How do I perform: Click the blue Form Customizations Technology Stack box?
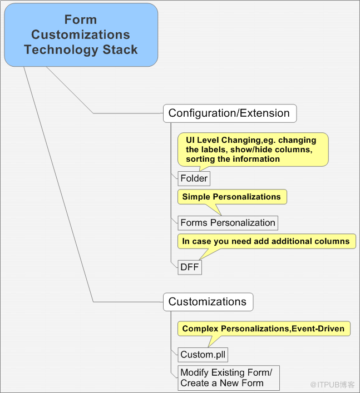tap(81, 35)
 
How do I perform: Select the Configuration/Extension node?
tap(230, 113)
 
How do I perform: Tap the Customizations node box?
tap(208, 302)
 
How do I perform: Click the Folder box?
tap(194, 178)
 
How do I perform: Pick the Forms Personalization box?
tap(228, 223)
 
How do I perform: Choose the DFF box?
tap(190, 267)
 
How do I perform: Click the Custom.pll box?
tap(203, 355)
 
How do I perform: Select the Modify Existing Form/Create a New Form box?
tap(229, 377)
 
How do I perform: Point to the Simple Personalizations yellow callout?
tap(232, 197)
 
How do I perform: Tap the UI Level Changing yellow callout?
tap(253, 150)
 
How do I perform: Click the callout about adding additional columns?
tap(267, 241)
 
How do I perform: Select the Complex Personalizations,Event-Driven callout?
tap(264, 329)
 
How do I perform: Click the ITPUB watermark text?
tap(332, 385)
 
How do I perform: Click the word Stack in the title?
tap(120, 49)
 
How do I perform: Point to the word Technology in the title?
tap(61, 49)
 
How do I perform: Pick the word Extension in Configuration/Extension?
tap(265, 113)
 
